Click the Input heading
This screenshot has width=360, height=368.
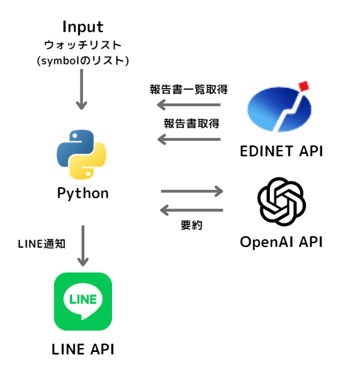point(82,28)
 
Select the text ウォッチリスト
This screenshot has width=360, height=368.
point(82,45)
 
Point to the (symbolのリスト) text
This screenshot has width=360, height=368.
point(82,60)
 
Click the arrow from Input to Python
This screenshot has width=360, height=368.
point(82,89)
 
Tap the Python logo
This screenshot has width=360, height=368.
point(82,154)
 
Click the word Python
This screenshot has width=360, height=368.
point(83,194)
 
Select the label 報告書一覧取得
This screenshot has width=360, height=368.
point(189,89)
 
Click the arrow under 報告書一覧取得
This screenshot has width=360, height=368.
point(189,105)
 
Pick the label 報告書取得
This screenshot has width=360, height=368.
point(191,124)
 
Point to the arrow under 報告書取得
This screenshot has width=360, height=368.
point(189,140)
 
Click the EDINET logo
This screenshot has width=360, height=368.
point(279,107)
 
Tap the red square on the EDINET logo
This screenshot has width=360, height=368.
point(304,86)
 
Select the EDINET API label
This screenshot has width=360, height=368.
point(281,151)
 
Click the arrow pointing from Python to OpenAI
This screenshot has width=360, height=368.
point(192,191)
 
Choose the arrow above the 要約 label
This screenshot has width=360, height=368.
point(191,210)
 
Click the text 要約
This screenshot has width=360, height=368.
point(191,225)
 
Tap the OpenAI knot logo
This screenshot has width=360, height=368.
point(281,201)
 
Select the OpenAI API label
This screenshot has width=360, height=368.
point(281,242)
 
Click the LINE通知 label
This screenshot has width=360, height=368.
point(42,244)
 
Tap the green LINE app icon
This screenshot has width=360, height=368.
point(83,302)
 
